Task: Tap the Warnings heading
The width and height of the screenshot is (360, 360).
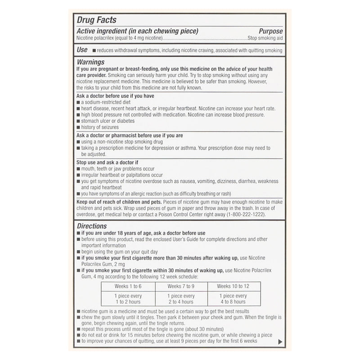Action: (90, 62)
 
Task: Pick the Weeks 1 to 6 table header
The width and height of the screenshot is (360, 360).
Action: (128, 286)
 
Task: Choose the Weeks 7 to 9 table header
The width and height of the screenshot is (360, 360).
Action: (180, 286)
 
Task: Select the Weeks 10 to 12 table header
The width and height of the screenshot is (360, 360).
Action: (233, 286)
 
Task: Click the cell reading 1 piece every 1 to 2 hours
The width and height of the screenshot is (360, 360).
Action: (128, 299)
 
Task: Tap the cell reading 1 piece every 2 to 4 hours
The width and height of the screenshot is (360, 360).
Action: (180, 299)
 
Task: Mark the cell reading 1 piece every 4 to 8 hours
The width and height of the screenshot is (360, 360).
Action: (233, 299)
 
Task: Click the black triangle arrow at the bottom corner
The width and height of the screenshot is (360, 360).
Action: (280, 342)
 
